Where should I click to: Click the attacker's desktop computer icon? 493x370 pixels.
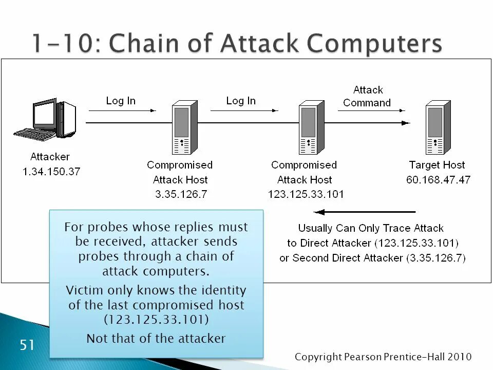(x=46, y=120)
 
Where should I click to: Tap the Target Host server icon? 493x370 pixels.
(x=438, y=127)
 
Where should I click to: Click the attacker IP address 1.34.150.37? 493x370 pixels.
(x=51, y=172)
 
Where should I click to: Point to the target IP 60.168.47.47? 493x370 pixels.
(x=438, y=180)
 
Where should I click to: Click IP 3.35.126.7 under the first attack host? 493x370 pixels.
(x=180, y=194)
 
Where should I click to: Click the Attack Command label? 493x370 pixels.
(x=368, y=96)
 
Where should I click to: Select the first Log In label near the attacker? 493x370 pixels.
(x=121, y=101)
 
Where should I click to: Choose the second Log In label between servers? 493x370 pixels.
(x=241, y=101)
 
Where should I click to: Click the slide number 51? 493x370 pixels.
(x=27, y=345)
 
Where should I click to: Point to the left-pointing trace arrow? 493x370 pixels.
(x=364, y=212)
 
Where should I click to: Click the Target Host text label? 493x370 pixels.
(x=437, y=165)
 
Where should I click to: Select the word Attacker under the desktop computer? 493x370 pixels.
(x=50, y=157)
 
